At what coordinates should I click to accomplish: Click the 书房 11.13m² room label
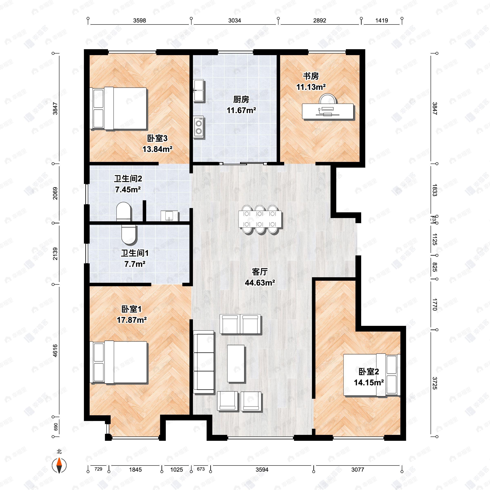pos(311,81)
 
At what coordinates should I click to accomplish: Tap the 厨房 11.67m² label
pos(241,105)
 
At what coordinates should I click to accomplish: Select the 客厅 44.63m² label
pos(260,277)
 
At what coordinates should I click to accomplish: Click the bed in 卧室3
pos(119,109)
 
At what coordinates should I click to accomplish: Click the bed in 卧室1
pos(119,362)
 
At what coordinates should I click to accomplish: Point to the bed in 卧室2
pos(372,374)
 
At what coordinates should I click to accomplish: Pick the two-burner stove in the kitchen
pos(199,127)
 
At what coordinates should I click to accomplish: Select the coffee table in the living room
pos(236,363)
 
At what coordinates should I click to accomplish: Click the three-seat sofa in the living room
pos(204,363)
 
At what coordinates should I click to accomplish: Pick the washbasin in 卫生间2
pos(169,216)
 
